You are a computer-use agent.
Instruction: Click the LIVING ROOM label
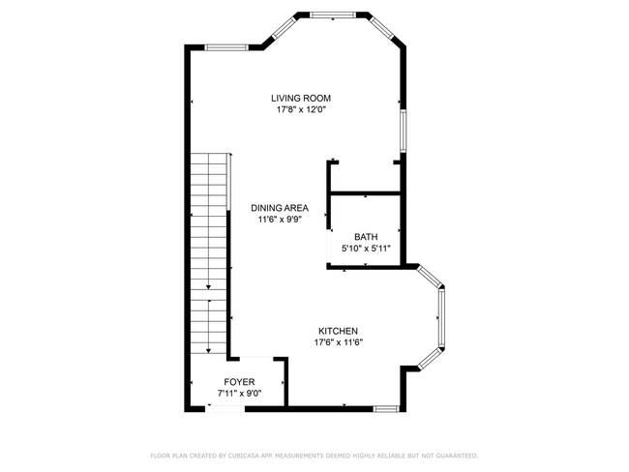pos(301,99)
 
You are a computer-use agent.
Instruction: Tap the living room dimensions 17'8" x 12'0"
pos(301,109)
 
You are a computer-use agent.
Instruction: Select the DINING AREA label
pos(280,208)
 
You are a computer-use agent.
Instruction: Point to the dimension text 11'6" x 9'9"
pos(280,220)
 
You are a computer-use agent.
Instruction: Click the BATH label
pos(366,237)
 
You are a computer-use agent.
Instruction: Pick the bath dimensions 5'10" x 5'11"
pos(366,249)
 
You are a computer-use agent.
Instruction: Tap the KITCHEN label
pos(338,331)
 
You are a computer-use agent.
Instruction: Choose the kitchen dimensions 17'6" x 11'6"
pos(338,342)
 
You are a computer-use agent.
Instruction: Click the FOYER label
pos(239,382)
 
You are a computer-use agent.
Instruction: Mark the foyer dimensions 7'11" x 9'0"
pos(239,394)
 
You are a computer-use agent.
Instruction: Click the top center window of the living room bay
pos(333,15)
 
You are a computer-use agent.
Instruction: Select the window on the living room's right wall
pos(404,131)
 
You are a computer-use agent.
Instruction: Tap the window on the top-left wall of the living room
pos(226,47)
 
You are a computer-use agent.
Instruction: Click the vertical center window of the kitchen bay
pos(441,318)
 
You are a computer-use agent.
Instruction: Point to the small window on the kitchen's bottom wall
pos(386,409)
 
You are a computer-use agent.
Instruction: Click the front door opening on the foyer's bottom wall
pos(225,409)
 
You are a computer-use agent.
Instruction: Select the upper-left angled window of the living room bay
pos(285,27)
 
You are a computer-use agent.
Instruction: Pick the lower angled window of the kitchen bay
pos(430,359)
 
